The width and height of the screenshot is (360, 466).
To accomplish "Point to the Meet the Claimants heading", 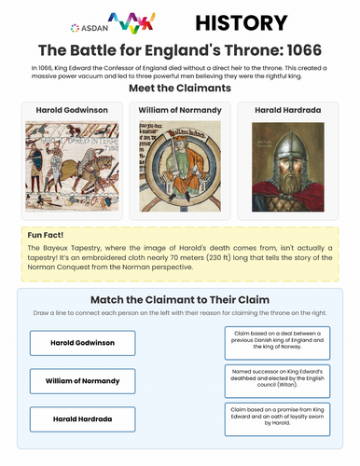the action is pos(180,87).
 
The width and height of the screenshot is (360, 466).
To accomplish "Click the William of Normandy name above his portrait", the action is pos(180,110).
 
